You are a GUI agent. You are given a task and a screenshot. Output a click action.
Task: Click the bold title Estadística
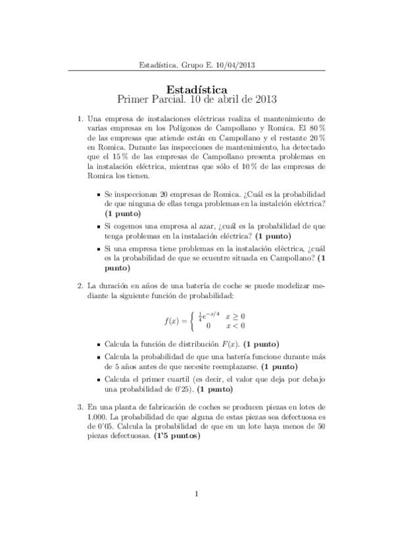pos(197,88)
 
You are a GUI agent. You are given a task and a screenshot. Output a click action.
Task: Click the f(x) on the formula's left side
pos(172,320)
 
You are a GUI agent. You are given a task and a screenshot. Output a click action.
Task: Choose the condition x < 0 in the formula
pos(235,326)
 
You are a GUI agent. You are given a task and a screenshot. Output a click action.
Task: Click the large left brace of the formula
pos(192,320)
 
